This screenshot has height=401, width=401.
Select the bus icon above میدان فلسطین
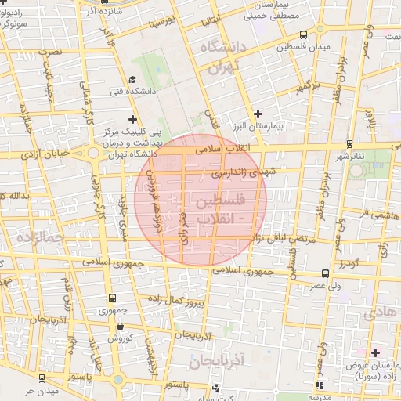(303, 34)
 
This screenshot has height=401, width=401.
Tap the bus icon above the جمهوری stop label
(112, 298)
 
